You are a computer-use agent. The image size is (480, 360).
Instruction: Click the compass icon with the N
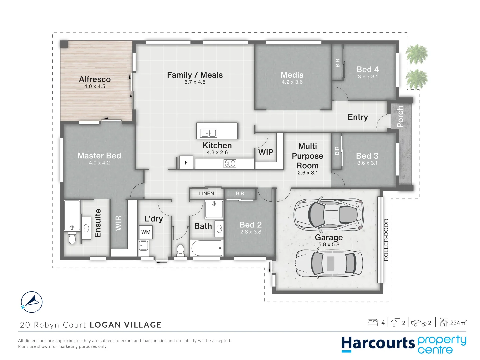tap(31, 302)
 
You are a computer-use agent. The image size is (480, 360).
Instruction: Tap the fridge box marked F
tap(186, 162)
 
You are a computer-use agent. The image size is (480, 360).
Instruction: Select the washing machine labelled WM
tap(146, 232)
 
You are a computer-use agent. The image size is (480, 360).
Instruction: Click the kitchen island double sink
tap(209, 133)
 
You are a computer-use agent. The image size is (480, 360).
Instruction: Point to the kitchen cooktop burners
tap(230, 163)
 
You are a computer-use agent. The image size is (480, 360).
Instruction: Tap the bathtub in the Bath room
tap(207, 248)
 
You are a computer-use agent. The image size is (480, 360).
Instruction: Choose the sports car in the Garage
tap(329, 215)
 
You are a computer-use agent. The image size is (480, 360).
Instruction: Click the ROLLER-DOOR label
tap(386, 240)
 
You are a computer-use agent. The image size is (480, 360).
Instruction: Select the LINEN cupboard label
tap(206, 193)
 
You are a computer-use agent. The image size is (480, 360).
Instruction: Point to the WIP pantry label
tap(266, 152)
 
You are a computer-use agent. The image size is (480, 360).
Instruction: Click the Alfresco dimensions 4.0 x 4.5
tap(95, 86)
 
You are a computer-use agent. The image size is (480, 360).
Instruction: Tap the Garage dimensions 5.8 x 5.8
tap(329, 244)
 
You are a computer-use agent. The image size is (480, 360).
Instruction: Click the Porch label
tap(400, 117)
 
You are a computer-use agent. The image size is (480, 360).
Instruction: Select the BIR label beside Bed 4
tap(338, 63)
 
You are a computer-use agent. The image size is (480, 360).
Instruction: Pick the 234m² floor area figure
tap(458, 323)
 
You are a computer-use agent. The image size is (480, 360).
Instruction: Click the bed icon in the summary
tap(373, 322)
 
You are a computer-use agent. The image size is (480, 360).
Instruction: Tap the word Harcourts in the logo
tap(378, 343)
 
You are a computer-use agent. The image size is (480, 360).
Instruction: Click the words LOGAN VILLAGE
tap(126, 325)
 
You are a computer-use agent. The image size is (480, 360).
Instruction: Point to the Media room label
tap(292, 75)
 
